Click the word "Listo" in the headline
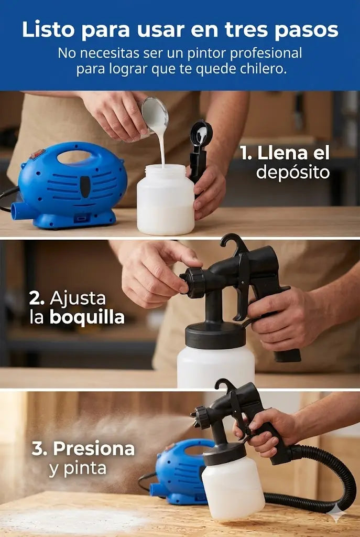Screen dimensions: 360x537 click(48, 29)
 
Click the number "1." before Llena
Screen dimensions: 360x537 click(246, 153)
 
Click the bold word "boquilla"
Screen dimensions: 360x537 click(87, 318)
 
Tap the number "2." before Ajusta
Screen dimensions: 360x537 click(37, 298)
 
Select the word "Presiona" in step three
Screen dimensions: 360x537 click(94, 449)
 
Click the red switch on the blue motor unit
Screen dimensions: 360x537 click(38, 154)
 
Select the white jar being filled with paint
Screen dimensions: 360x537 click(166, 200)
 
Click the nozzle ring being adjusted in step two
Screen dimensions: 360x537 click(193, 282)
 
